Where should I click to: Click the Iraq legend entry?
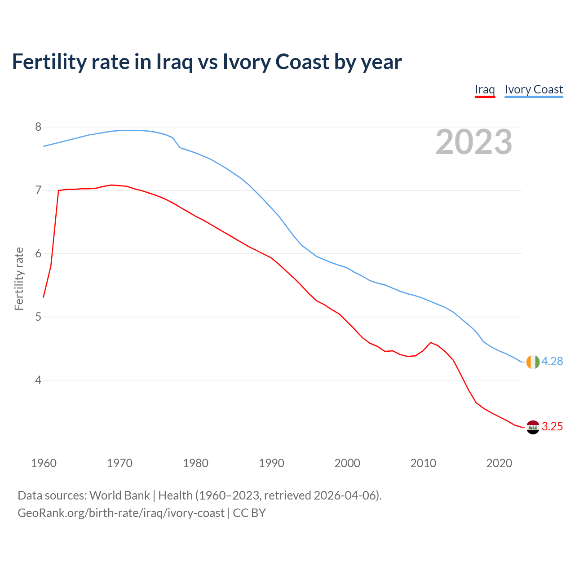coord(485,89)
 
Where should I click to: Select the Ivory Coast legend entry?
coord(534,89)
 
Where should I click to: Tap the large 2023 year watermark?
coord(474,142)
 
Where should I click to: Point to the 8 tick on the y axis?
coord(38,127)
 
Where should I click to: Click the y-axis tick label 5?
coord(38,317)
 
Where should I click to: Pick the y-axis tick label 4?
coord(38,380)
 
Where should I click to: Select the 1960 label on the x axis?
coord(44,463)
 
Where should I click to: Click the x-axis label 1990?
coord(271,463)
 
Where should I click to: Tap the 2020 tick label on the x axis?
coord(499,463)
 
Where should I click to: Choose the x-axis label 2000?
coord(347,463)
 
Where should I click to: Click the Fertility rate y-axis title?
coord(19,279)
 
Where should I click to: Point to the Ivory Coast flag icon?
coord(533,362)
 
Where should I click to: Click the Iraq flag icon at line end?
coord(533,427)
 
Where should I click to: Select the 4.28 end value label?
coord(552,362)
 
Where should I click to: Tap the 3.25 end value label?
coord(552,427)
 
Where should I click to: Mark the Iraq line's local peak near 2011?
coord(431,343)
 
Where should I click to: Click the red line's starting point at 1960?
coord(44,297)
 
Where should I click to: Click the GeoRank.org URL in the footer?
coord(121,513)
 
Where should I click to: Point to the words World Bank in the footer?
coord(119,495)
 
